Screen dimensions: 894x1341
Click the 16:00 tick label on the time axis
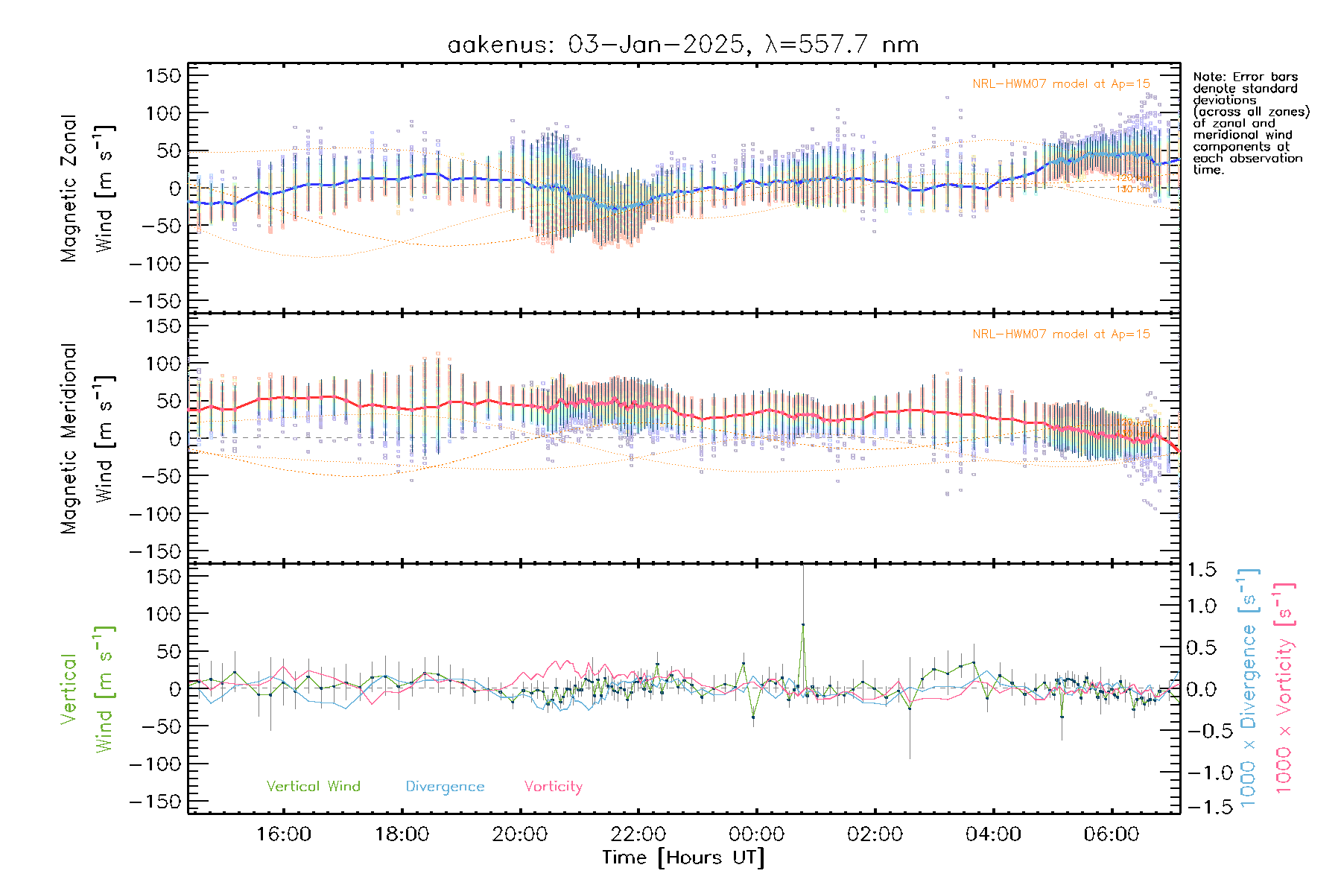tap(284, 834)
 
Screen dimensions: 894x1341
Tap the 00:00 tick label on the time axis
tap(757, 834)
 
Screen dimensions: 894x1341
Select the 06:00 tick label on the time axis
tap(1112, 834)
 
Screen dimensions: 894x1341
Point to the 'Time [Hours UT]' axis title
tap(683, 857)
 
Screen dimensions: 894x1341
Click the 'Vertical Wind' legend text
tap(313, 786)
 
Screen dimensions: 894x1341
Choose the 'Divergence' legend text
tap(445, 787)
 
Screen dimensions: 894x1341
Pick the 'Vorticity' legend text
tap(553, 786)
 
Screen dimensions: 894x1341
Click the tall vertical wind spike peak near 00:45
tap(803, 624)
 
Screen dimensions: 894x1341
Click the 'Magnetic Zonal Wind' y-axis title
tap(87, 188)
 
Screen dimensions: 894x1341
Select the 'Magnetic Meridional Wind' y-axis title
tap(87, 438)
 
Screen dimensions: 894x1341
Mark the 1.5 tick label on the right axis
tap(1202, 570)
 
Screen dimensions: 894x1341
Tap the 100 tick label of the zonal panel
tap(163, 113)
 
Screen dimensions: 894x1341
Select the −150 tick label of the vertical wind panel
tap(155, 802)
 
